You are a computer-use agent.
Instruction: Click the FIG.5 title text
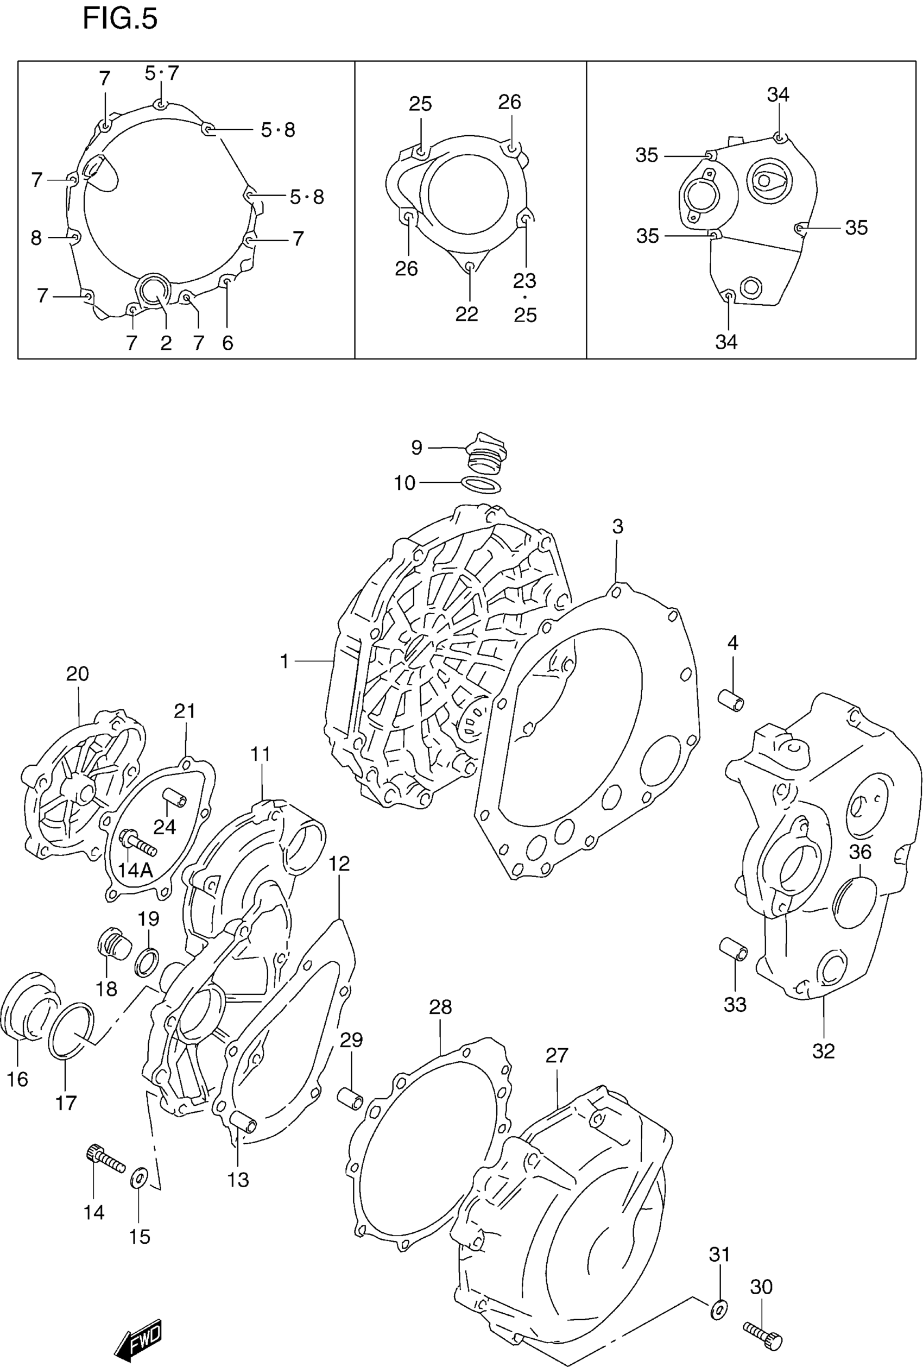coord(120,19)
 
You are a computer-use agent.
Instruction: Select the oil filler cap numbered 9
coord(485,455)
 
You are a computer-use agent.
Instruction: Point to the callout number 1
coord(285,662)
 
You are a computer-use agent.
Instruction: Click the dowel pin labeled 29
coord(350,1098)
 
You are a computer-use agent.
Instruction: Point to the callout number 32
coord(823,1050)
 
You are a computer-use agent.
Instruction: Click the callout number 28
coord(440,1007)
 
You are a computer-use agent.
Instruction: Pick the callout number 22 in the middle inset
coord(466,314)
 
